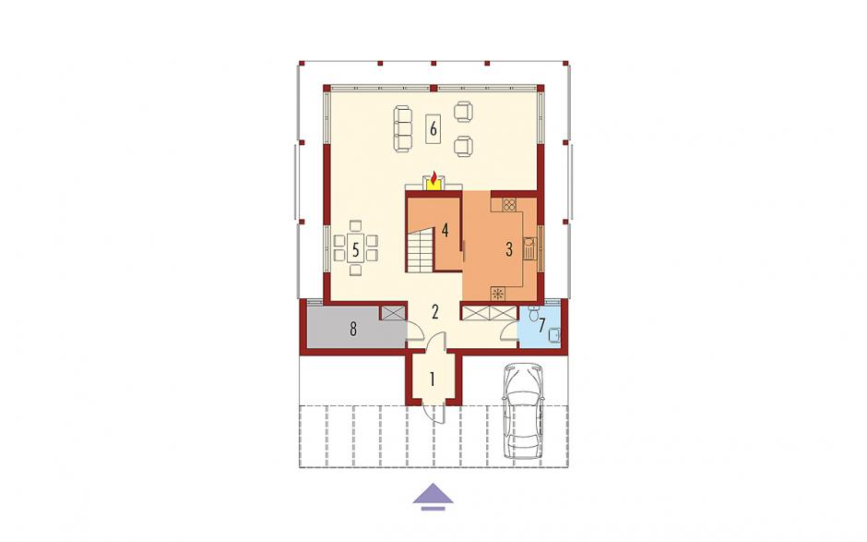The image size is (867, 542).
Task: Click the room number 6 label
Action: pos(433,129)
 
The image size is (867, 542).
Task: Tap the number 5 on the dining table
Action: pos(355,249)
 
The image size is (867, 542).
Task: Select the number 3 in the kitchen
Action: pos(509,249)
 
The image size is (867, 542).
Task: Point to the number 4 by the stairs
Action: pos(445,230)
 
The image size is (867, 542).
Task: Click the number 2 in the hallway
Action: pos(435,312)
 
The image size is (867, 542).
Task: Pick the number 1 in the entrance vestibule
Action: pos(433,379)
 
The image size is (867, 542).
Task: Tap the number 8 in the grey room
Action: pos(352,330)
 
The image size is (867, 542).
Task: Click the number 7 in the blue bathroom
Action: pos(542,324)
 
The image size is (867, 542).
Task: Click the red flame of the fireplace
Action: pos(434,178)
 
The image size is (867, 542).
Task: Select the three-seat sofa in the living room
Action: pos(402,128)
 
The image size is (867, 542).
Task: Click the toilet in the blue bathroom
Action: pos(534,314)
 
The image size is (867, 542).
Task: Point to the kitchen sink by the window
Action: pos(530,249)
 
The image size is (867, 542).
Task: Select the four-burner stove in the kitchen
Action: pos(509,205)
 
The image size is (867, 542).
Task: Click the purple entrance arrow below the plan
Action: pos(433,496)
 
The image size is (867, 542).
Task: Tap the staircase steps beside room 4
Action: pos(421,251)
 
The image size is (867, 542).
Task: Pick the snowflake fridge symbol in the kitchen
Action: pos(499,294)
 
